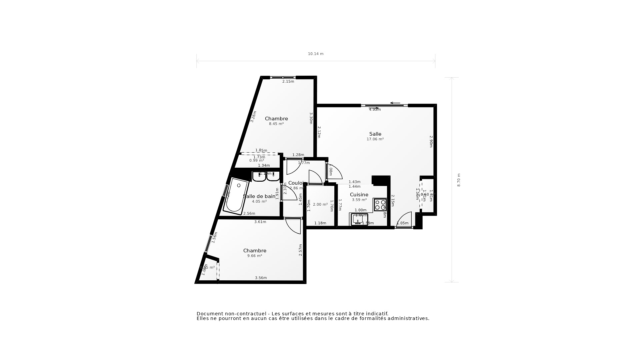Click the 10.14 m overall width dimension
pyautogui.click(x=315, y=54)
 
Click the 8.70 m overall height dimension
pyautogui.click(x=459, y=180)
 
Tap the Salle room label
pyautogui.click(x=375, y=134)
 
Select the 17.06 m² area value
pyautogui.click(x=375, y=139)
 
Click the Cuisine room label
pyautogui.click(x=359, y=195)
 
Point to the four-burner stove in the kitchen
pyautogui.click(x=380, y=205)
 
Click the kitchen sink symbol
pyautogui.click(x=359, y=220)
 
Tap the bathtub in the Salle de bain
pyautogui.click(x=236, y=197)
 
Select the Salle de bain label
pyautogui.click(x=260, y=196)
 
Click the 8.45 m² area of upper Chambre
pyautogui.click(x=276, y=124)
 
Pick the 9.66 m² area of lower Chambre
pyautogui.click(x=254, y=256)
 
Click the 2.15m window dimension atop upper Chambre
pyautogui.click(x=288, y=82)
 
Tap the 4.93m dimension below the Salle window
pyautogui.click(x=375, y=110)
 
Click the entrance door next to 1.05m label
pyautogui.click(x=404, y=220)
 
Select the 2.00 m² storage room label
pyautogui.click(x=320, y=205)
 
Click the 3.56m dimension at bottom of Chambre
pyautogui.click(x=261, y=278)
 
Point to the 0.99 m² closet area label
pyautogui.click(x=256, y=161)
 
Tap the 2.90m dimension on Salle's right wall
pyautogui.click(x=431, y=141)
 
